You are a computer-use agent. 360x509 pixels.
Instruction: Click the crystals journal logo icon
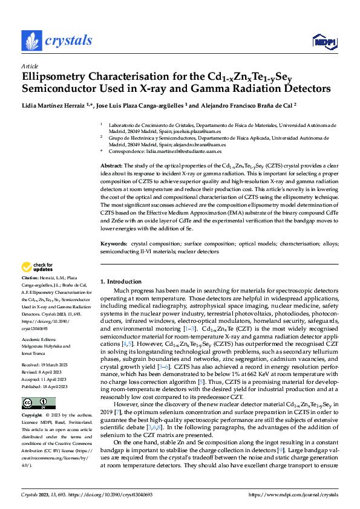coord(31,41)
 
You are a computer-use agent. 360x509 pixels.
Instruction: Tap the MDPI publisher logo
coord(323,41)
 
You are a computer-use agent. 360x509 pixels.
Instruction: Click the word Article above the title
coord(30,66)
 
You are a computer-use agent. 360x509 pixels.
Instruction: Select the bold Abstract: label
coord(111,165)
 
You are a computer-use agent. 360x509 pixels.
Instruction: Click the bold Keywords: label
coord(114,244)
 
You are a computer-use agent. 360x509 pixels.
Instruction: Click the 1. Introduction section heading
coord(120,281)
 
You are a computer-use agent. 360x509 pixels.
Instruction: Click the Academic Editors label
coord(39,339)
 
